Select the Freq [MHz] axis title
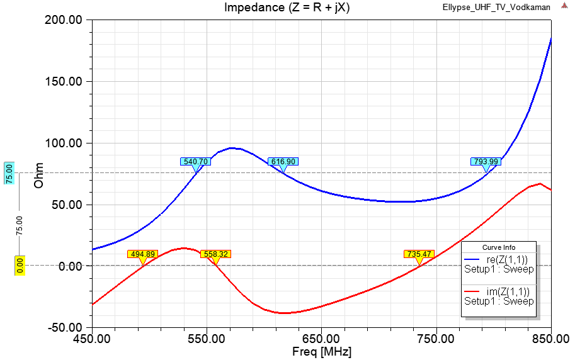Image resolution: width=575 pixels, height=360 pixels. tap(321, 351)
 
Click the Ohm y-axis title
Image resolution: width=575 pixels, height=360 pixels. tap(38, 174)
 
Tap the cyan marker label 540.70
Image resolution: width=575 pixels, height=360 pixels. tap(195, 162)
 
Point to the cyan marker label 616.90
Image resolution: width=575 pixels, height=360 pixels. tap(283, 162)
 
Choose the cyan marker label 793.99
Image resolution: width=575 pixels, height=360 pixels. tap(486, 162)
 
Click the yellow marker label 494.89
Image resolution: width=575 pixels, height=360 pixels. tap(142, 254)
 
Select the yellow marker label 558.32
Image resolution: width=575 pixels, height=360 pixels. tap(215, 254)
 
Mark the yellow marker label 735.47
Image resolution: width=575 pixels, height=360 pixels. tap(419, 254)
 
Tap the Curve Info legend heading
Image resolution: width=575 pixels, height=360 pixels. tap(499, 247)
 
